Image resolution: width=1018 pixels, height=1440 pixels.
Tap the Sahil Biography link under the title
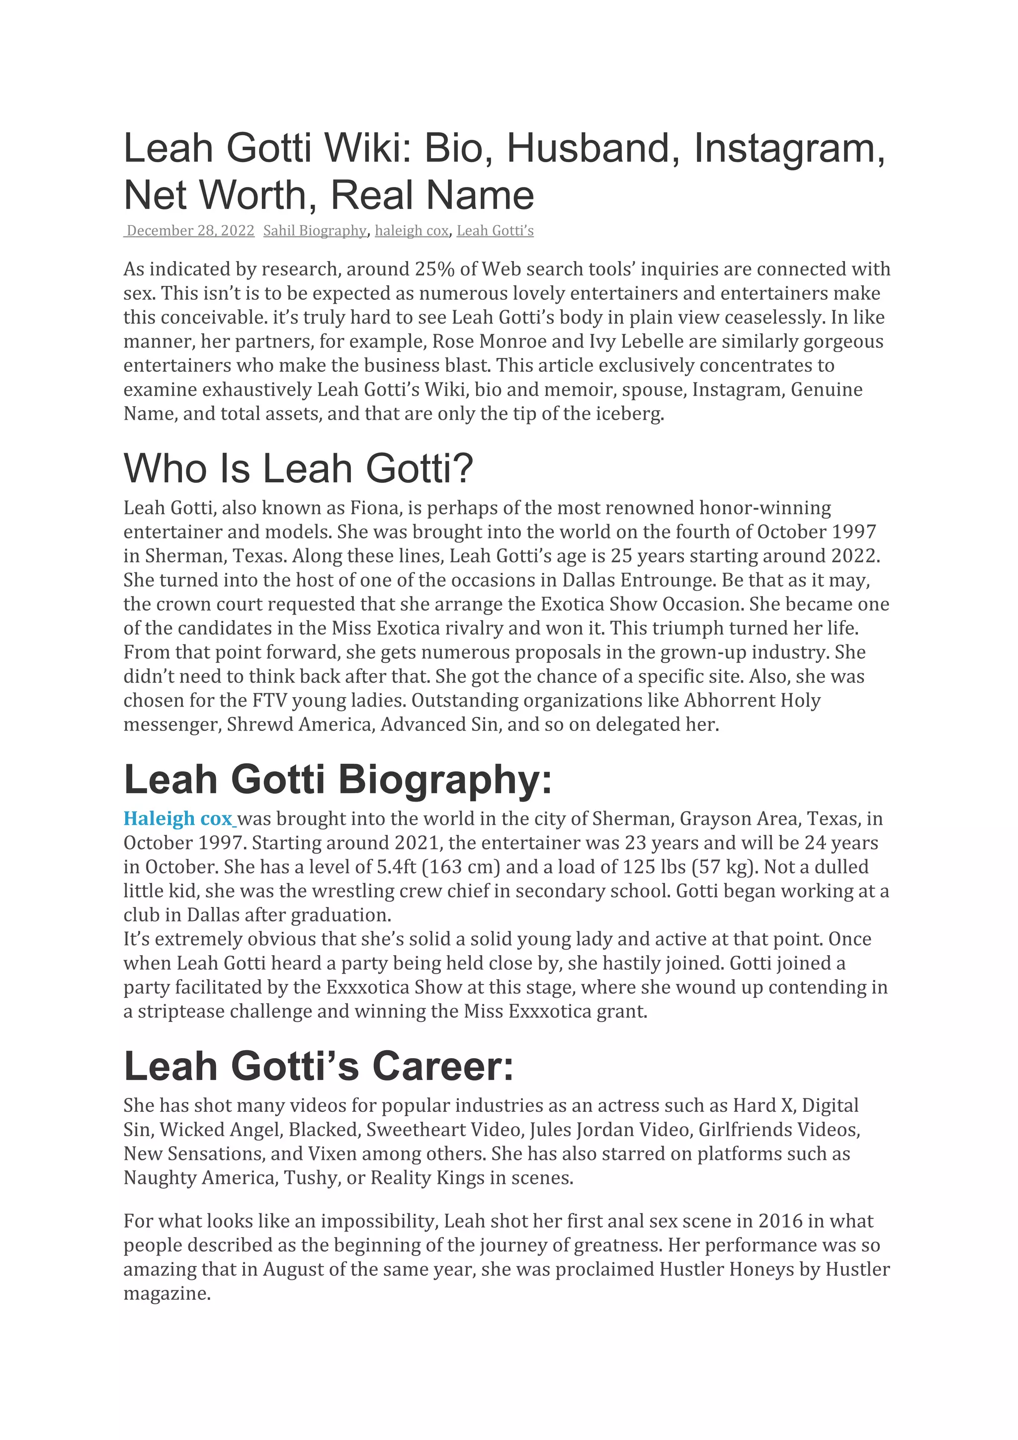[x=315, y=231]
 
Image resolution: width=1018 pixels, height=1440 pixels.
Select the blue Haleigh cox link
[x=178, y=818]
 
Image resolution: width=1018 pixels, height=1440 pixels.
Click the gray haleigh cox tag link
[x=411, y=231]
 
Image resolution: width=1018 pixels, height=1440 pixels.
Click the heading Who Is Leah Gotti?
[x=298, y=468]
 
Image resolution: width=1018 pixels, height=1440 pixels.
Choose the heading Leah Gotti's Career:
[x=319, y=1066]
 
